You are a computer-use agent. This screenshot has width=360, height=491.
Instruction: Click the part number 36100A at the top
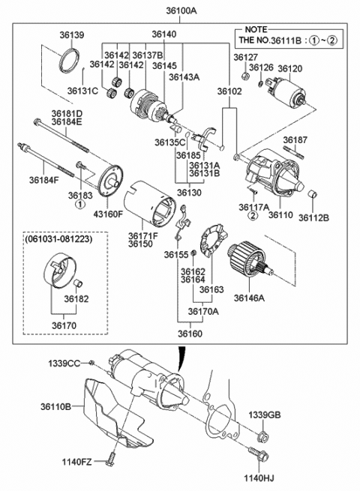click(181, 10)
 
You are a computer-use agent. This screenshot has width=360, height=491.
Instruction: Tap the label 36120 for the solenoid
click(290, 68)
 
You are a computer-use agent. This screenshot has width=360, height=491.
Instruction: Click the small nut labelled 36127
click(246, 76)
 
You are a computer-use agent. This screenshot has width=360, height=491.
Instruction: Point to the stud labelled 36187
click(293, 152)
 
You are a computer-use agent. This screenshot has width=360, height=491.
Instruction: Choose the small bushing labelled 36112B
click(313, 194)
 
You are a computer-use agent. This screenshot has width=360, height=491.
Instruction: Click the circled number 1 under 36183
click(80, 205)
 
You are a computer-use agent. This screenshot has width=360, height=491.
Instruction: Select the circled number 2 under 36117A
click(253, 215)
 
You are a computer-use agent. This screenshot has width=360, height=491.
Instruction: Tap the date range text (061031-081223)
click(59, 239)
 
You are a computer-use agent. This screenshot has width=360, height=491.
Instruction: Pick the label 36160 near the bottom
click(190, 334)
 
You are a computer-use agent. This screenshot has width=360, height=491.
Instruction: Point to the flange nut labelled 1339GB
click(262, 438)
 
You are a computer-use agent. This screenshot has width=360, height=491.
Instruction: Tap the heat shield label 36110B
click(55, 406)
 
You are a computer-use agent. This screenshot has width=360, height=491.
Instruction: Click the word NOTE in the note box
click(256, 29)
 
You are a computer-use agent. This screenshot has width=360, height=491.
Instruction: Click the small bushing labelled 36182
click(78, 283)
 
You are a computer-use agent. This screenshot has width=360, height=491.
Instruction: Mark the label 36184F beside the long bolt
click(44, 180)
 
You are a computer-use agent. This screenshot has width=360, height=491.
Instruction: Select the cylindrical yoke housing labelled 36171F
click(148, 203)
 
